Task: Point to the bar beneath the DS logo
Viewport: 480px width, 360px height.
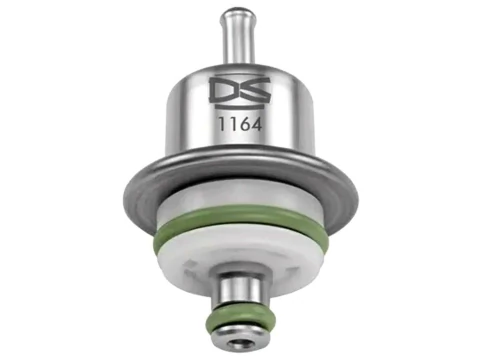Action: tap(240, 107)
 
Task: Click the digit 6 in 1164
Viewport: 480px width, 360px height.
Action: tap(243, 125)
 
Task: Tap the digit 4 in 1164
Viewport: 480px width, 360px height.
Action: tap(256, 125)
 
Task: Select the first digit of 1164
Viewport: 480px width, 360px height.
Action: tap(221, 125)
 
